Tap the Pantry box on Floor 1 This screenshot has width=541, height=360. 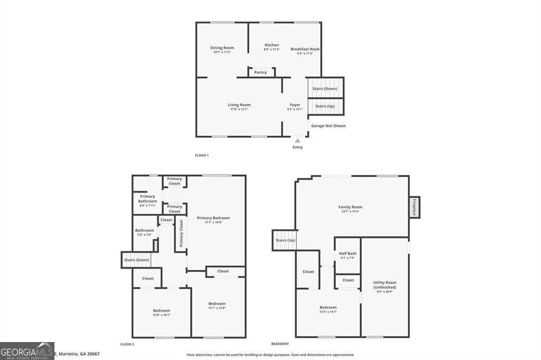(261, 72)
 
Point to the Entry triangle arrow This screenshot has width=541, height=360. (297, 140)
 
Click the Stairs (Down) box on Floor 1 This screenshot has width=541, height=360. (325, 88)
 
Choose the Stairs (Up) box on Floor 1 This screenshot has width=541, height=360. (325, 107)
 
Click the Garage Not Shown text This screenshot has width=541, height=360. (328, 126)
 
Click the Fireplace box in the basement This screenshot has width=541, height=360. (415, 207)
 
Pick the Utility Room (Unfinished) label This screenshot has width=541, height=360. (384, 285)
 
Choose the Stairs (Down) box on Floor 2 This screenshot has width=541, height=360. (137, 260)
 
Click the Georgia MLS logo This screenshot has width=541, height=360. (27, 350)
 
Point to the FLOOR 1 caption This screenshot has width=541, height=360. (202, 156)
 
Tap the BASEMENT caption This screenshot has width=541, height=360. (280, 344)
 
